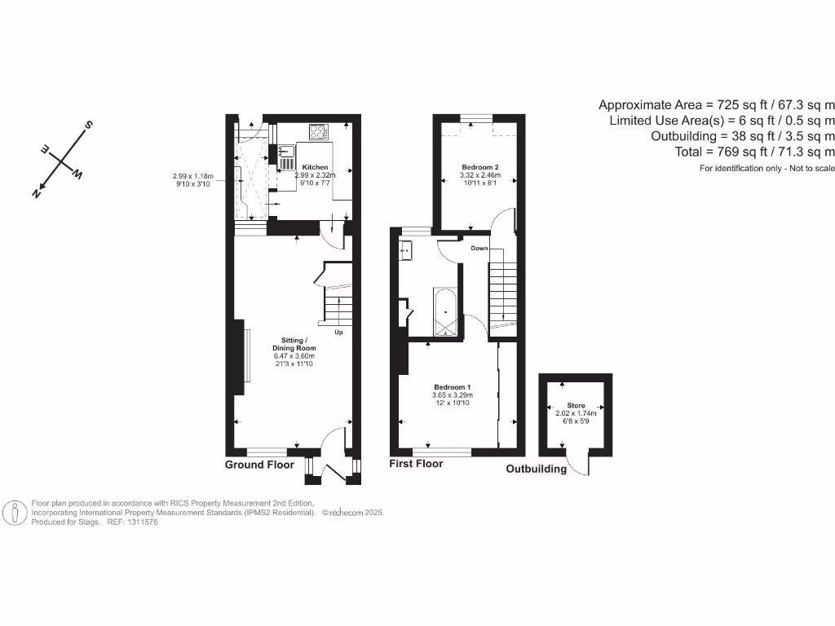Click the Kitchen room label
[316, 167]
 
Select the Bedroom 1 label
[452, 386]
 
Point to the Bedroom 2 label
[479, 167]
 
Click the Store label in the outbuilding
[576, 405]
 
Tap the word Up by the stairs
[338, 333]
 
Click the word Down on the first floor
[479, 248]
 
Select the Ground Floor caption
[259, 465]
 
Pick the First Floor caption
[416, 463]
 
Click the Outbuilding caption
[536, 469]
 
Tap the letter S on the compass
[88, 126]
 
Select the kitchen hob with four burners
[317, 131]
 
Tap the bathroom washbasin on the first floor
[405, 250]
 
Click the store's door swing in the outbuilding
[581, 465]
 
